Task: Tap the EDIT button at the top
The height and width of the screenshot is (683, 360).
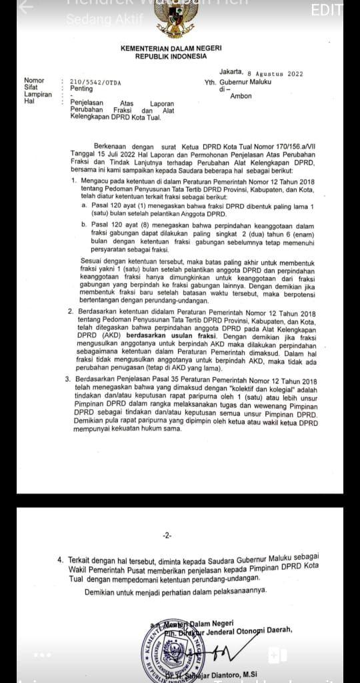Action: click(326, 11)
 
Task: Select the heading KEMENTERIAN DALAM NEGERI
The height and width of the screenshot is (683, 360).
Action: click(171, 49)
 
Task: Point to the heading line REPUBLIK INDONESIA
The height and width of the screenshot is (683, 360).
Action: click(171, 57)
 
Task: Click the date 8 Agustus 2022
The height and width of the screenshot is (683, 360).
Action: click(275, 73)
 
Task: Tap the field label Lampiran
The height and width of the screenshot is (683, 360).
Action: click(37, 95)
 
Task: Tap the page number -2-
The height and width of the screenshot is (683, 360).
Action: click(167, 536)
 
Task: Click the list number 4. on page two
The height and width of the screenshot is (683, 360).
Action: click(61, 560)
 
